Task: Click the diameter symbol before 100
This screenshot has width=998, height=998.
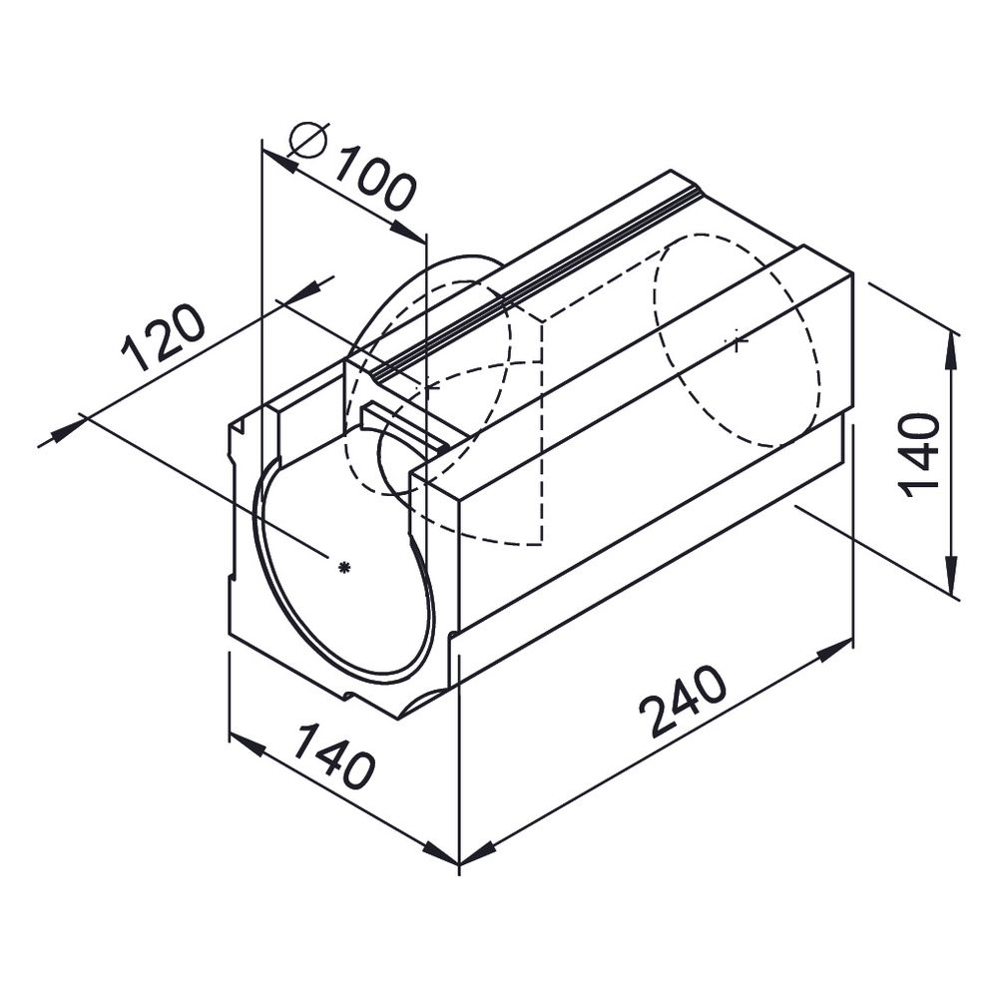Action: pos(307,140)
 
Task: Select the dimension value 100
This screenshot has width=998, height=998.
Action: pos(376,179)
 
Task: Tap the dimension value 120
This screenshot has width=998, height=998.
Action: pos(163,337)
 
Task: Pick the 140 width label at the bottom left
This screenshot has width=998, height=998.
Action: pos(333,755)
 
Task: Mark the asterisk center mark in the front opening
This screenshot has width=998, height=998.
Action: pos(344,567)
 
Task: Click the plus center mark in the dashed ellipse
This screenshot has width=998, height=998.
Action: pos(738,341)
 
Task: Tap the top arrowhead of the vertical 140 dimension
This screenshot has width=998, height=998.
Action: pos(951,348)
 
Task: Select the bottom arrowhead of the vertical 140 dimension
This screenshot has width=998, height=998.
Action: pos(951,575)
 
